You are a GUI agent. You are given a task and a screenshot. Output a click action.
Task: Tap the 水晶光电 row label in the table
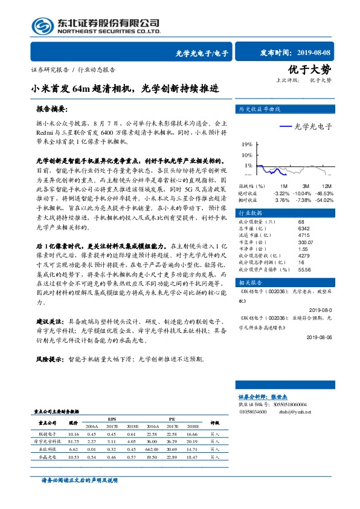point(47,458)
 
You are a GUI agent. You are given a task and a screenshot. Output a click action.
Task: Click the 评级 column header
point(214,423)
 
